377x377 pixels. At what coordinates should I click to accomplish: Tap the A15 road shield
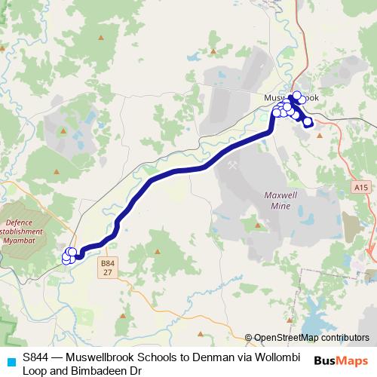360,186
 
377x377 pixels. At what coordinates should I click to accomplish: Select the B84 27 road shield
109,268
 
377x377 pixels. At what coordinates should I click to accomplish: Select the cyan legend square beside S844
10,361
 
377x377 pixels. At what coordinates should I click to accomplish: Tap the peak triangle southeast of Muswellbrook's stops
320,136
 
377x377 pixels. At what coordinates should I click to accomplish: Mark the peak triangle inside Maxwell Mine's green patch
262,224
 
